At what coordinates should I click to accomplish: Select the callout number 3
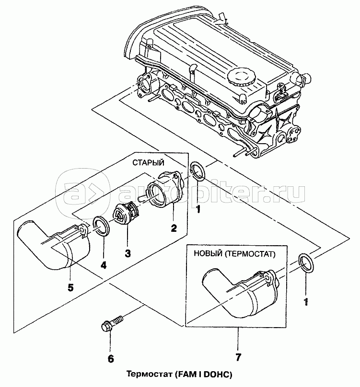[128, 253]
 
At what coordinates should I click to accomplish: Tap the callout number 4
[104, 264]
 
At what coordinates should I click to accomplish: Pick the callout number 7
[238, 357]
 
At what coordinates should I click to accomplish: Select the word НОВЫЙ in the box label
[210, 254]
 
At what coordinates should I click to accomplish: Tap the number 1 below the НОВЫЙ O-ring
[305, 302]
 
